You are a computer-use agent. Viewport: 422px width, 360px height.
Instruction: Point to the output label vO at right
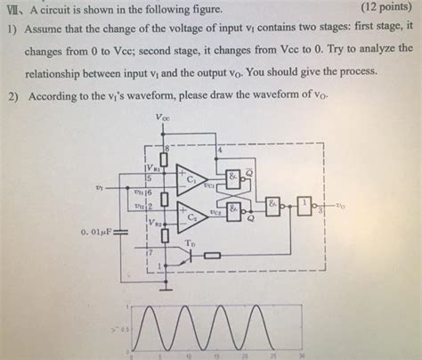pos(341,205)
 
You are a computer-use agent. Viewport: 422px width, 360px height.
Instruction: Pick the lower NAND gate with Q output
pos(233,211)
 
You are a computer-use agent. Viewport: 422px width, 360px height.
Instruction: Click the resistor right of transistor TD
pos(214,256)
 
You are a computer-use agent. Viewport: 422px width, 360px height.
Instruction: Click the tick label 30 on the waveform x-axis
pos(302,355)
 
